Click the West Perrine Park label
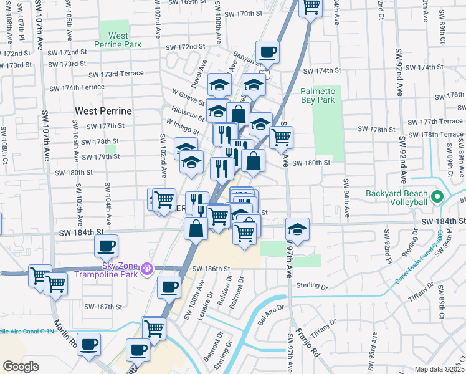click(x=118, y=40)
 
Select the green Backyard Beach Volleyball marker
click(x=437, y=198)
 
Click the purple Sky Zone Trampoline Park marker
click(x=147, y=269)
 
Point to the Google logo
click(x=21, y=367)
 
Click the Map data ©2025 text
click(x=439, y=369)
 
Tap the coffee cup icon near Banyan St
click(x=267, y=52)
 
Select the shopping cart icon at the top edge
click(x=311, y=7)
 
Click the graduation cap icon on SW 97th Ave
click(x=298, y=229)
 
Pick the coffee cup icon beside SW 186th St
click(x=168, y=288)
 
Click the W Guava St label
click(x=189, y=97)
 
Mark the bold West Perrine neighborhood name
click(x=103, y=111)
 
